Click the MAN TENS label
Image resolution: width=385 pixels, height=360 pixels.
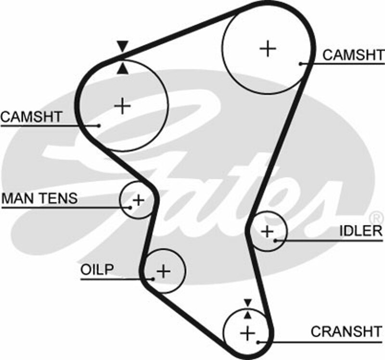click(x=39, y=198)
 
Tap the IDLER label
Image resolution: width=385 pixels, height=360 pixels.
click(x=361, y=231)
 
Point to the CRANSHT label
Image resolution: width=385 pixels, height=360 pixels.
click(x=347, y=332)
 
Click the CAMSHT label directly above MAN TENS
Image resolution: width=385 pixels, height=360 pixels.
click(x=31, y=116)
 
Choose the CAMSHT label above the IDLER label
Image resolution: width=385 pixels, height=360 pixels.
click(x=354, y=55)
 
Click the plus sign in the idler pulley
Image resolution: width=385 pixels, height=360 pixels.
click(x=267, y=231)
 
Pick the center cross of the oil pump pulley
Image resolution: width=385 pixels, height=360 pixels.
click(x=164, y=271)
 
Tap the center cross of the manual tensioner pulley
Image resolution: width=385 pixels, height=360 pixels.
click(x=138, y=199)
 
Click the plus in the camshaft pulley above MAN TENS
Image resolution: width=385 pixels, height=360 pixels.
click(x=124, y=105)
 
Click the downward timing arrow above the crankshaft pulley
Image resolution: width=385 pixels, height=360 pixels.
click(x=247, y=303)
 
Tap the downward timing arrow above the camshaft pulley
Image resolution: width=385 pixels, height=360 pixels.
click(x=123, y=47)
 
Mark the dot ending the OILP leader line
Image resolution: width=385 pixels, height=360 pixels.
click(x=153, y=279)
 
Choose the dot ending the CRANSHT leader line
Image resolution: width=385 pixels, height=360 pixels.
click(x=258, y=342)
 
